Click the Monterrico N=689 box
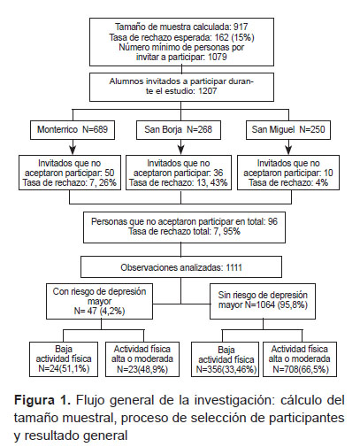(x=73, y=129)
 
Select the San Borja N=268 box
(x=179, y=129)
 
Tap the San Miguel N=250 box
(x=288, y=129)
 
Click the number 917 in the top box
(x=241, y=27)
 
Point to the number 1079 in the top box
(x=218, y=57)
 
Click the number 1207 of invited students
(x=208, y=90)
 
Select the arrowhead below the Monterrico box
(x=73, y=150)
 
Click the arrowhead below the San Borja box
(x=181, y=150)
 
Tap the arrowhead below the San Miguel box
(x=289, y=150)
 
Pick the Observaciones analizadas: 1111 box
(x=181, y=267)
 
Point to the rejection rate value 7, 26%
(x=103, y=182)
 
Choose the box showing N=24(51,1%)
(x=64, y=359)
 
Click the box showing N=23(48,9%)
(x=142, y=359)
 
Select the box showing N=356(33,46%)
(x=226, y=359)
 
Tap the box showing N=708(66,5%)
(x=300, y=359)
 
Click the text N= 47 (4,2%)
(x=99, y=311)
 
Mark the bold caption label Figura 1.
(x=42, y=400)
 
